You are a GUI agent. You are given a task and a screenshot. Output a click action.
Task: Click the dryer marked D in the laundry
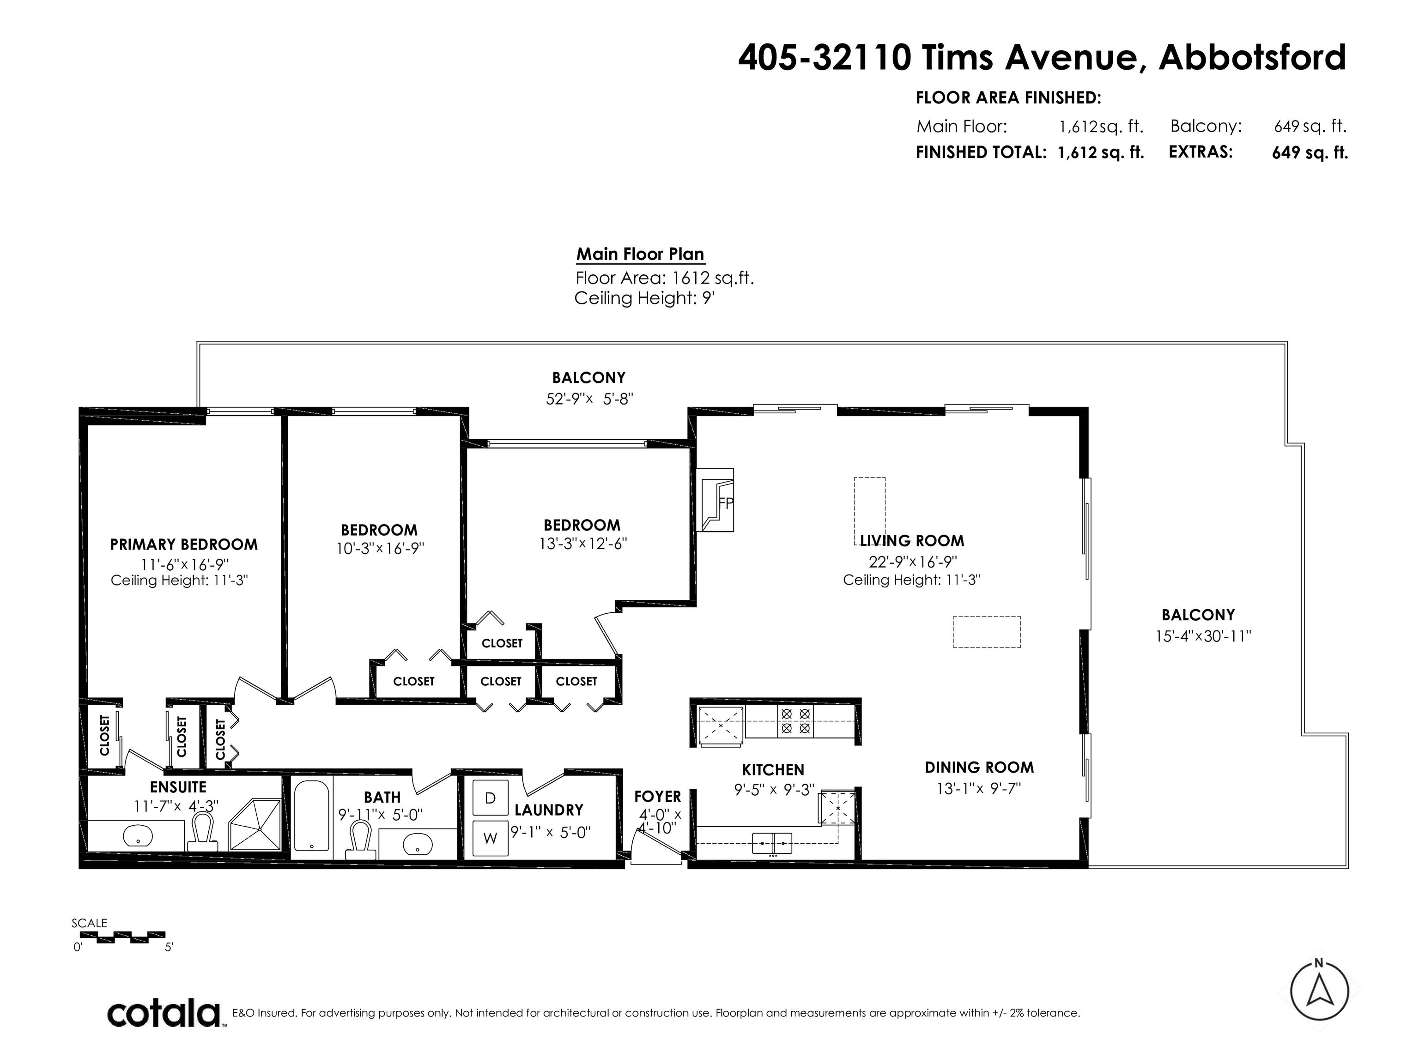[490, 798]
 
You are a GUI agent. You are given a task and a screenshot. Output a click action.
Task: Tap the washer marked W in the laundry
[490, 838]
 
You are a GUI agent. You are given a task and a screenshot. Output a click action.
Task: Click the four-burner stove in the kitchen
[795, 721]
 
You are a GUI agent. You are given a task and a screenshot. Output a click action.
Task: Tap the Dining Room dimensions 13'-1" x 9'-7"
[979, 787]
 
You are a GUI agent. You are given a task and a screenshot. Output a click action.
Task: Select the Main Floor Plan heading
[640, 254]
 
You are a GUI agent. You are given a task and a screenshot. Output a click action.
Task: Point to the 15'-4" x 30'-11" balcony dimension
[1203, 636]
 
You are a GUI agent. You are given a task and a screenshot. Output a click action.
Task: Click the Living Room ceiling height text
[911, 580]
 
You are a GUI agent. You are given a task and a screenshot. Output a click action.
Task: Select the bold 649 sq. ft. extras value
[1310, 153]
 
